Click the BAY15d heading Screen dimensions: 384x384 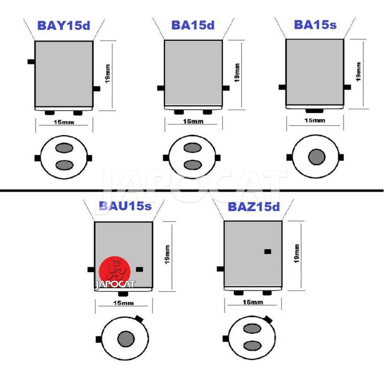pyautogui.click(x=64, y=25)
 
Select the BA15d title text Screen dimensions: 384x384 pyautogui.click(x=193, y=25)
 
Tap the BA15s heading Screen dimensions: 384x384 pyautogui.click(x=315, y=24)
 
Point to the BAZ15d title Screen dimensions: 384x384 pyautogui.click(x=254, y=207)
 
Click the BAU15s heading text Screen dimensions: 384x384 pyautogui.click(x=125, y=206)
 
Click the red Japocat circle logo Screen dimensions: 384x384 pyautogui.click(x=115, y=271)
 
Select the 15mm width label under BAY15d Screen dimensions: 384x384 pyautogui.click(x=64, y=122)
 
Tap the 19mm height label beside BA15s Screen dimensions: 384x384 pyautogui.click(x=358, y=72)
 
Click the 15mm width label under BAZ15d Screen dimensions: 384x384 pyautogui.click(x=253, y=302)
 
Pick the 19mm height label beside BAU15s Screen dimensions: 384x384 pyautogui.click(x=167, y=254)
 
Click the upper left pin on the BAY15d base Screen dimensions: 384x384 pyautogui.click(x=31, y=61)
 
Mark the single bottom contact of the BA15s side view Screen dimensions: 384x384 pyautogui.click(x=314, y=111)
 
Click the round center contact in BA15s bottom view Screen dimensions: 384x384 pyautogui.click(x=317, y=157)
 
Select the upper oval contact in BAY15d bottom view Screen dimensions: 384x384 pyautogui.click(x=64, y=148)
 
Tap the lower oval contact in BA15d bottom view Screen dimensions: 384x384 pyautogui.click(x=192, y=165)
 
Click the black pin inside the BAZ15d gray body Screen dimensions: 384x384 pyautogui.click(x=268, y=252)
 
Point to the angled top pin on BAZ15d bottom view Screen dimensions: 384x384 pyautogui.click(x=268, y=319)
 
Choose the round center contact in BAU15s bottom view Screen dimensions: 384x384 pyautogui.click(x=126, y=339)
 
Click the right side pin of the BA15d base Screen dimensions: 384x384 pyautogui.click(x=226, y=88)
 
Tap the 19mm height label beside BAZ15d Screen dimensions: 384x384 pyautogui.click(x=297, y=253)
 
